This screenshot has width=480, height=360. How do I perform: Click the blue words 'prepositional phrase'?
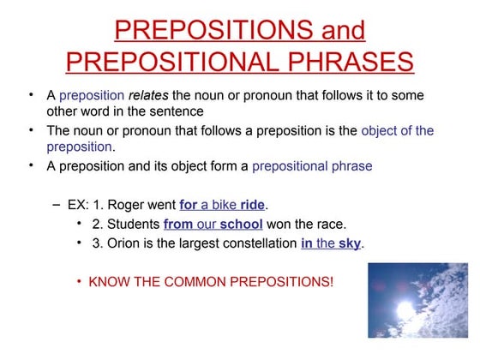(x=312, y=165)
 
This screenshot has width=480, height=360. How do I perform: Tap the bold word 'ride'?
(x=253, y=206)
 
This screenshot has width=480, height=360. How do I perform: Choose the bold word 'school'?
(x=241, y=225)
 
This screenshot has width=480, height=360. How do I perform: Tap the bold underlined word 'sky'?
(x=350, y=243)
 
